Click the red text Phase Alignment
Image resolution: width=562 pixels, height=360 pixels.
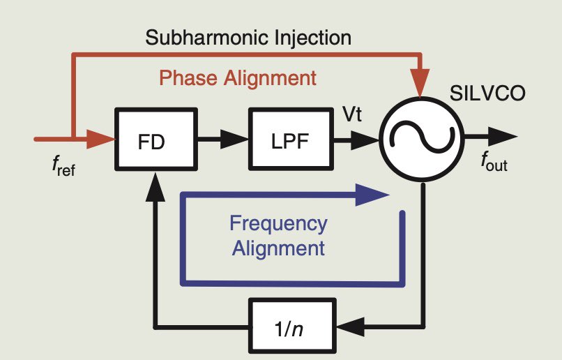tap(238, 77)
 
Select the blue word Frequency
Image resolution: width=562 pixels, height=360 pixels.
tap(278, 224)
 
